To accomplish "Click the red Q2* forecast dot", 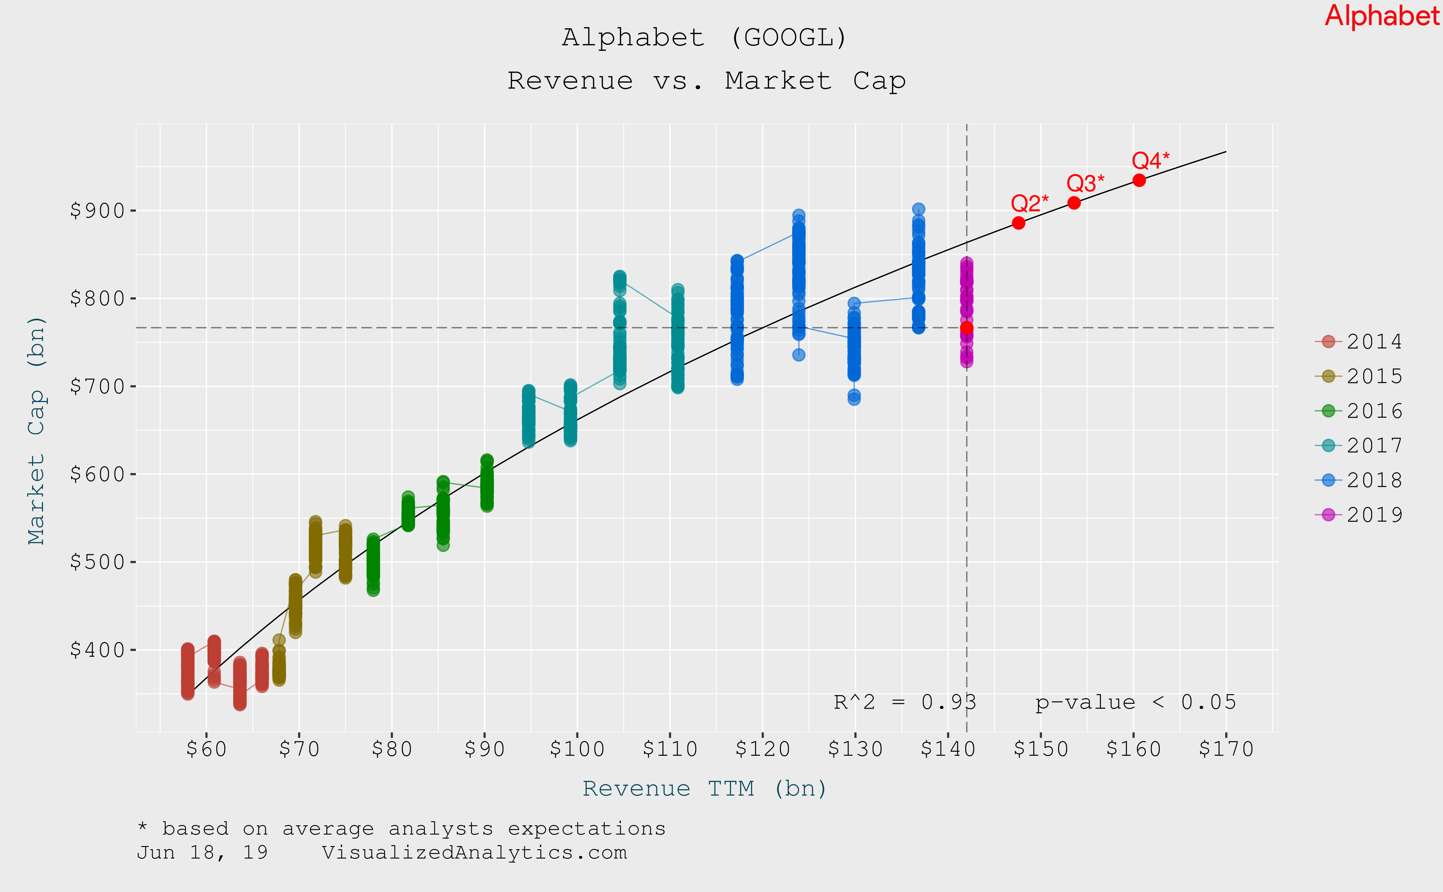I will [x=1018, y=223].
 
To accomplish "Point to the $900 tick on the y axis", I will [x=97, y=211].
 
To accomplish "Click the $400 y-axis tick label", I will [x=97, y=650].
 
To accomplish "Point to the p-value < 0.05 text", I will [x=1135, y=702].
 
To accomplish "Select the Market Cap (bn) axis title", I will [x=37, y=431].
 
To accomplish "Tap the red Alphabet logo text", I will [x=1382, y=16].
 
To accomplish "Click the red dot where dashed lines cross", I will [x=967, y=327].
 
